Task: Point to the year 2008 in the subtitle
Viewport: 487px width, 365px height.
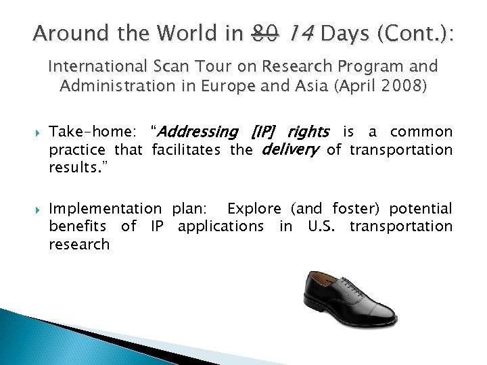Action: (401, 87)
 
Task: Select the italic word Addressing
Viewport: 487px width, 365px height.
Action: (197, 132)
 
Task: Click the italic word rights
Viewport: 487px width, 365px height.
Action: (308, 132)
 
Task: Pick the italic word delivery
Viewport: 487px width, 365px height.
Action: (289, 149)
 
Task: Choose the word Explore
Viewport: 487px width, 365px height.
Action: (254, 209)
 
